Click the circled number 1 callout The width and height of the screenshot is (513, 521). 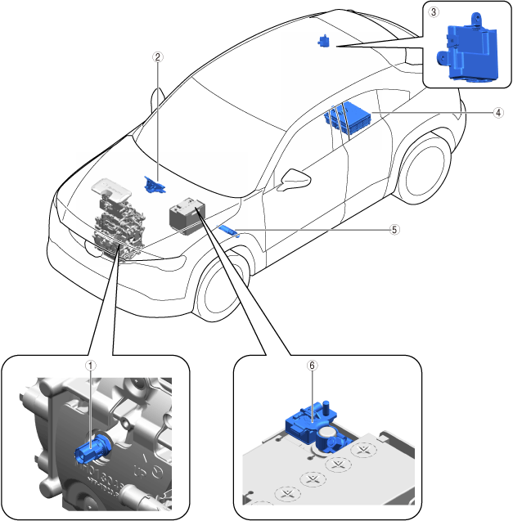coord(92,366)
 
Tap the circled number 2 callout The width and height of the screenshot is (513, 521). coord(159,57)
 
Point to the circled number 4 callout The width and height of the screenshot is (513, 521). coord(498,114)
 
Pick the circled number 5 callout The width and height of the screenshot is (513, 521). coord(395,230)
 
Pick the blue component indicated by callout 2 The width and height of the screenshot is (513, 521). coord(153,185)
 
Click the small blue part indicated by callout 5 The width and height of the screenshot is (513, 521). coord(227,230)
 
